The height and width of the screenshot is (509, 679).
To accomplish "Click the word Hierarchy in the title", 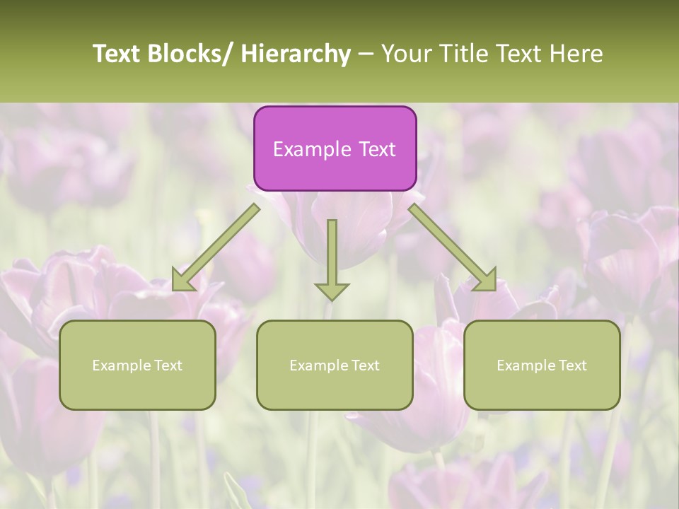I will [x=296, y=54].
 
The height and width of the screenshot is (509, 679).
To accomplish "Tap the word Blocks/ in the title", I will [x=190, y=54].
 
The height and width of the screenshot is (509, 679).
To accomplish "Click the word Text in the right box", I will [x=571, y=365].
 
